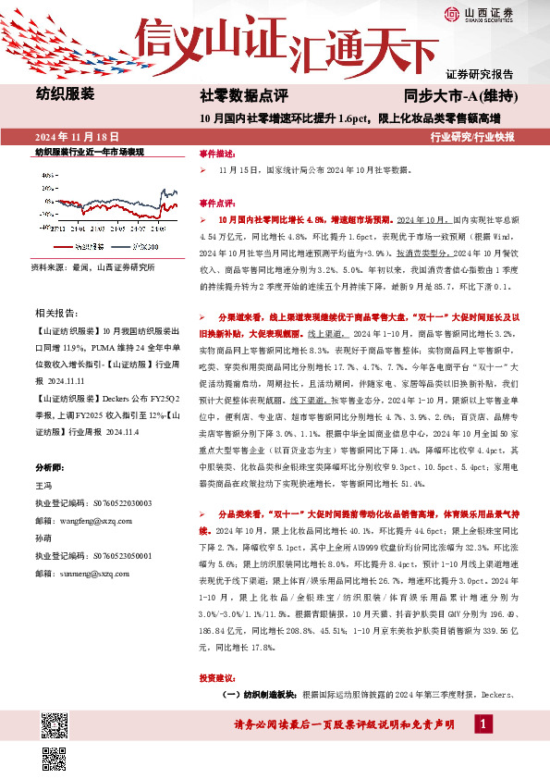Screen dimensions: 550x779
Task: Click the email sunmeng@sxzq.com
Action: click(x=82, y=574)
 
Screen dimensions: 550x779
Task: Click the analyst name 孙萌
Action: click(x=43, y=538)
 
